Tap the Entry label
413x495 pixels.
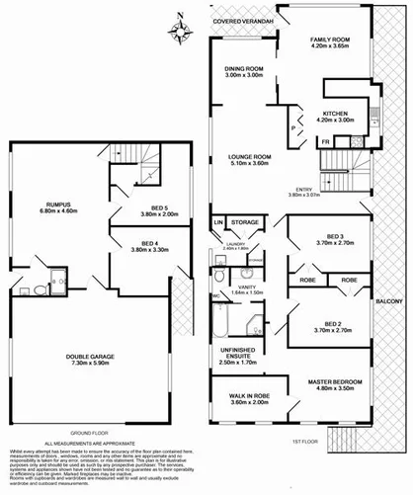318,190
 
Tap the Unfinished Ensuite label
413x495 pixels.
241,359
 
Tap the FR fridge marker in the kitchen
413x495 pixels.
328,141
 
